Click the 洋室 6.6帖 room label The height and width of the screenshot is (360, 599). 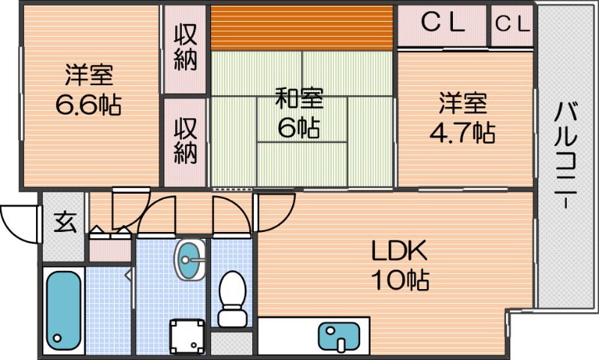88,90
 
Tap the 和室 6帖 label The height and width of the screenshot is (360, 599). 299,113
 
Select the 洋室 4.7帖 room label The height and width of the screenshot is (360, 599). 463,118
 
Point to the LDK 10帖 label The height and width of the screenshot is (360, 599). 400,266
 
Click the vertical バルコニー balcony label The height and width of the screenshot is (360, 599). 566,155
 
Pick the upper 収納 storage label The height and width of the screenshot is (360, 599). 186,47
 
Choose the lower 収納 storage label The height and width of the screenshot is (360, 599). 186,141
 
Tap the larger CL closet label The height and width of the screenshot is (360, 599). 443,22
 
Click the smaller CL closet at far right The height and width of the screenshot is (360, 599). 513,24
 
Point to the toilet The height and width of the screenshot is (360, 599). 232,299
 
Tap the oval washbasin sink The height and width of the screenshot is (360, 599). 190,260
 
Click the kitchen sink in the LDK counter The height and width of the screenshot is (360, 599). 339,336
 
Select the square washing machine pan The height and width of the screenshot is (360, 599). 187,337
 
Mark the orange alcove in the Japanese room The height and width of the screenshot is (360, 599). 302,28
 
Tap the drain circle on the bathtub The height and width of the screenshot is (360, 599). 58,338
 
